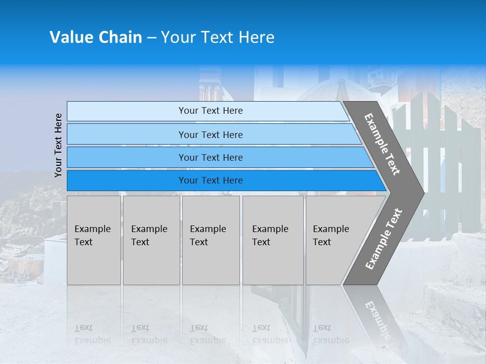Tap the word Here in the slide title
point(256,37)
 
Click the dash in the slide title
point(151,38)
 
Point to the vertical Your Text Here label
point(58,145)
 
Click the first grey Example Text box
point(94,240)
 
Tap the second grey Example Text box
point(151,240)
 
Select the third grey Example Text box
point(211,240)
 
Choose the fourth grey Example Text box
point(272,240)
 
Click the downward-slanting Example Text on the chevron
point(382,144)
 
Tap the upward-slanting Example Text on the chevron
point(383,239)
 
